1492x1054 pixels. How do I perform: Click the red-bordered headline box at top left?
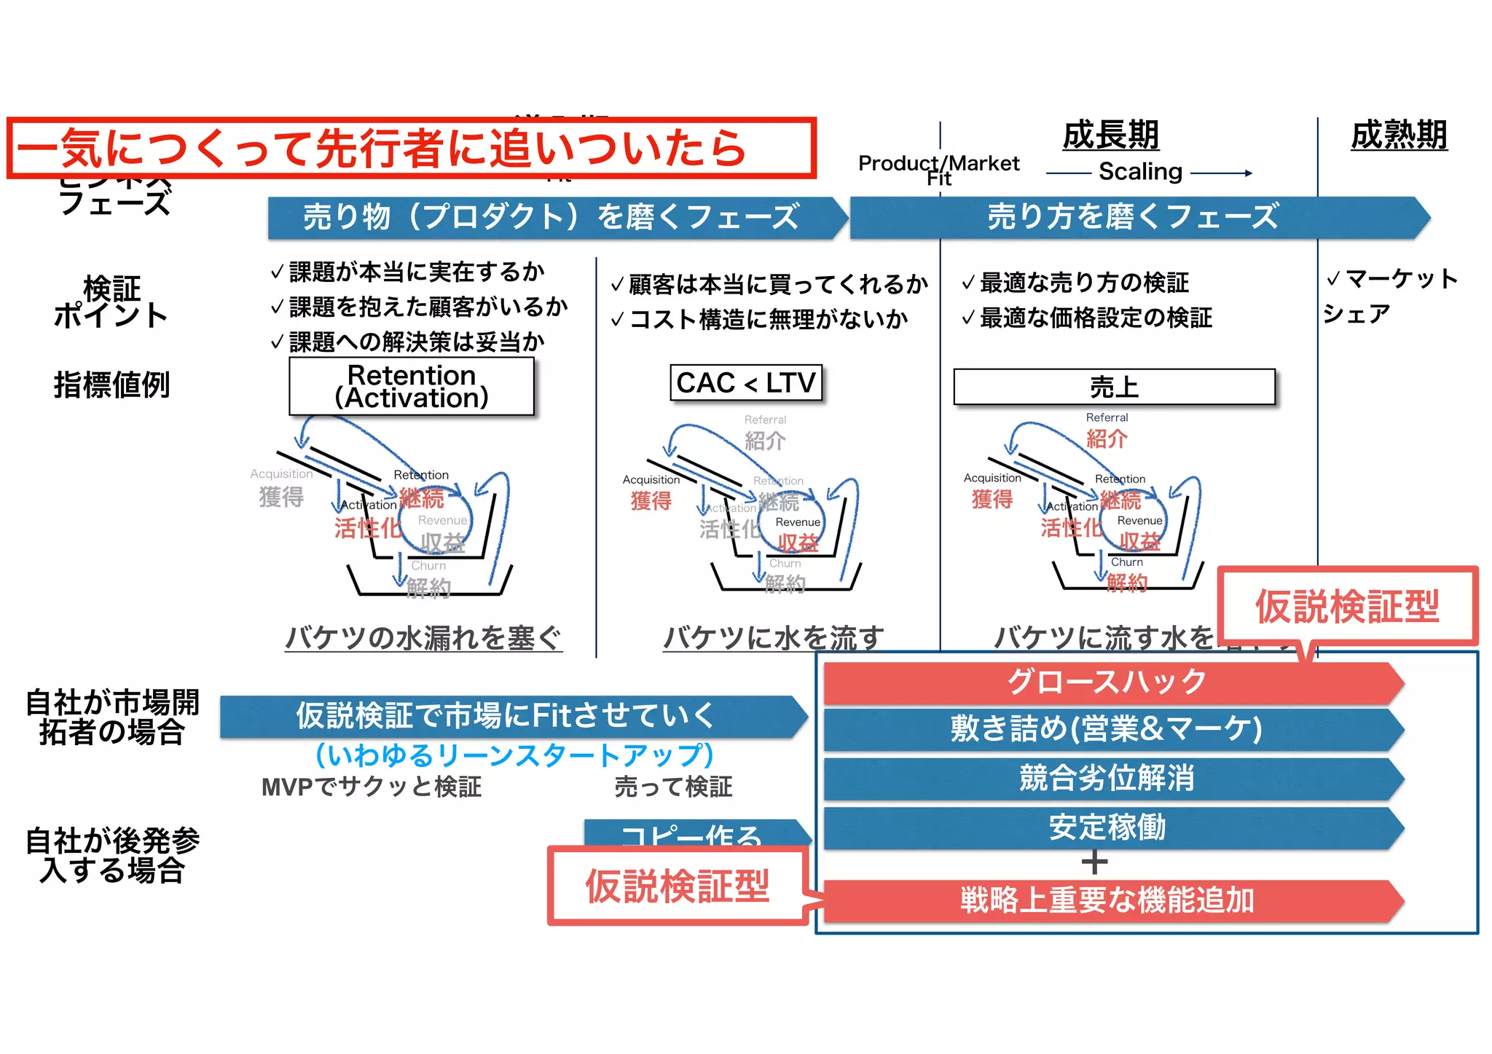coord(412,148)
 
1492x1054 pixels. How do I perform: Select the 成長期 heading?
coord(1110,135)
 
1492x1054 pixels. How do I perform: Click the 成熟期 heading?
coord(1398,135)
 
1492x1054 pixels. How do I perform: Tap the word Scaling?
coord(1140,172)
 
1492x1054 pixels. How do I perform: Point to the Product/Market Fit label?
coord(938,168)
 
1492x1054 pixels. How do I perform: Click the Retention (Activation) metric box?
coord(412,386)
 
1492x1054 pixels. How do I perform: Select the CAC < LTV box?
coord(746,383)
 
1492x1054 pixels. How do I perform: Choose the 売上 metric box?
coord(1114,387)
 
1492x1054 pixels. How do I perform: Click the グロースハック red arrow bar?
coord(1107,683)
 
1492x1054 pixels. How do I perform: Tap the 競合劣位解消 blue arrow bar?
coord(1107,778)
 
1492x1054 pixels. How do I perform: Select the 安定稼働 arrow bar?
coord(1107,827)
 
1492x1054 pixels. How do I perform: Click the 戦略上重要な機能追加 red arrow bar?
coord(1107,900)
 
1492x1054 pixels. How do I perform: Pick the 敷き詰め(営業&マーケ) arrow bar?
coord(1107,729)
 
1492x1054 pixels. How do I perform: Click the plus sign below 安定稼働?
coord(1094,862)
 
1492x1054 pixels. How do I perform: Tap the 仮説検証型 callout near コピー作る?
coord(678,886)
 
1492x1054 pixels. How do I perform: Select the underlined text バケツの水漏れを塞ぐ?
coord(423,637)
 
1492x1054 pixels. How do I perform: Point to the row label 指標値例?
coord(111,385)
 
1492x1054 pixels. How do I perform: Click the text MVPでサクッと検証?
coord(372,787)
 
